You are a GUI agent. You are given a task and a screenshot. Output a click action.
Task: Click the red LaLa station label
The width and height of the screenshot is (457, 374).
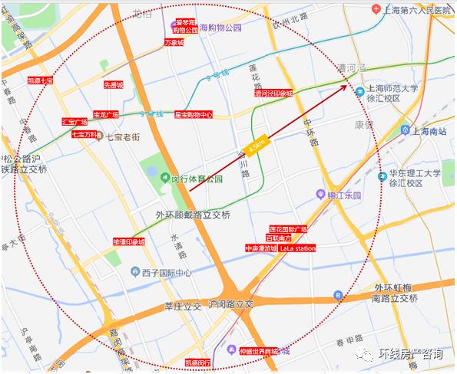(297, 249)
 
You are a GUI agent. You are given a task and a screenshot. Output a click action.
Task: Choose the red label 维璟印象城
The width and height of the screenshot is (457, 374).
(128, 242)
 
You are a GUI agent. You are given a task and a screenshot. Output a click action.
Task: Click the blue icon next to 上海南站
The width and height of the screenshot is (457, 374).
(404, 131)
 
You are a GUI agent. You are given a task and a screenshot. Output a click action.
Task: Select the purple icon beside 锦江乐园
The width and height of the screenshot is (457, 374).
(320, 195)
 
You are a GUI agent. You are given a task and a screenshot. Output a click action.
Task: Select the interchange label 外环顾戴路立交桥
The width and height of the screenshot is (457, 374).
(193, 215)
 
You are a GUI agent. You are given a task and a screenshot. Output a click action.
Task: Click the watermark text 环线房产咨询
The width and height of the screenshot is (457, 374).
(411, 354)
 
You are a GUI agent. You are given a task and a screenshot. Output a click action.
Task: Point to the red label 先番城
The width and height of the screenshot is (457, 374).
(114, 85)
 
